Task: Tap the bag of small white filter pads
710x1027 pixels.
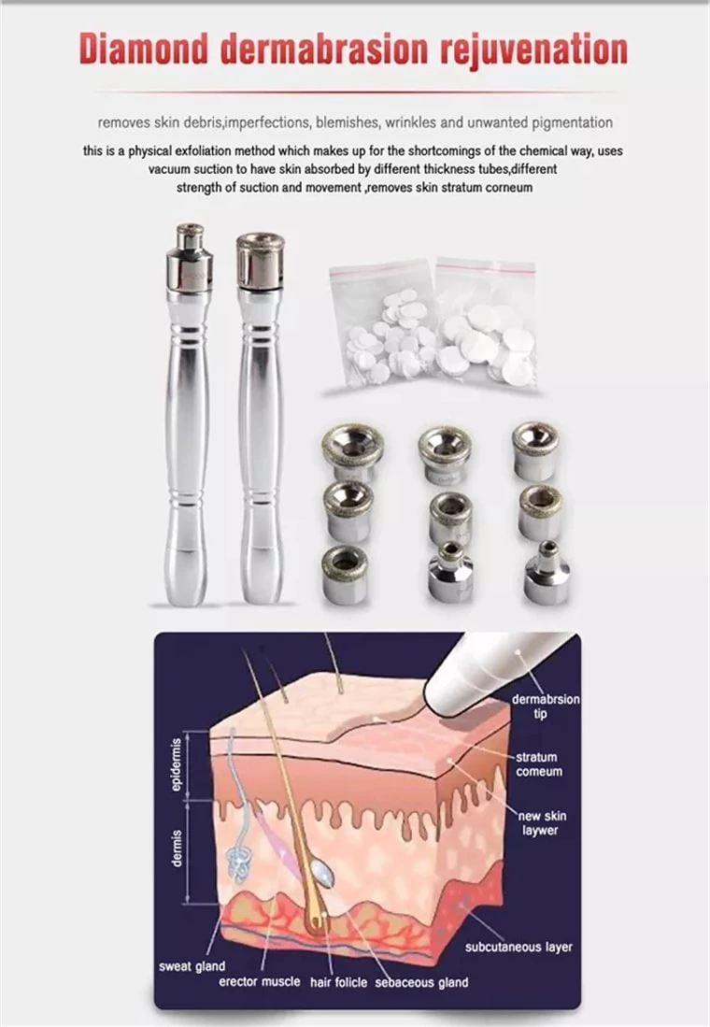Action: (x=383, y=327)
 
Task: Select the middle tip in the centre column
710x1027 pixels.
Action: (x=449, y=517)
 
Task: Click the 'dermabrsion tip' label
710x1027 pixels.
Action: (x=545, y=706)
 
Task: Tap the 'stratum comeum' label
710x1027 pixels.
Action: (x=538, y=764)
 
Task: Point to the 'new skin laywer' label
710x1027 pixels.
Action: (x=542, y=823)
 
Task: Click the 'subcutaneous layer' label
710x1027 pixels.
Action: (x=518, y=947)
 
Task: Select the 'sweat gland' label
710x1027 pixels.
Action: (x=192, y=967)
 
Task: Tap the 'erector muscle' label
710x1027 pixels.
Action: (x=260, y=982)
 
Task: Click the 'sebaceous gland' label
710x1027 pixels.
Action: (x=421, y=982)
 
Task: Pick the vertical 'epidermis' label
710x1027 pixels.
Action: (x=176, y=765)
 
